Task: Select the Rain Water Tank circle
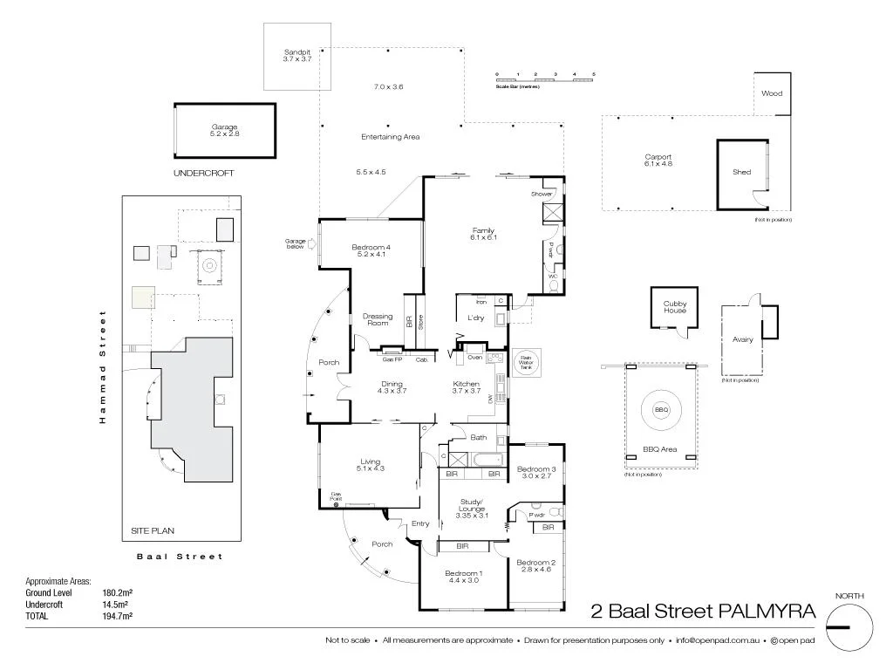527,363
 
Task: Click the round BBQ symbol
661,409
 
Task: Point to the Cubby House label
675,307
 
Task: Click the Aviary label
742,340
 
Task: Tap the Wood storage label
772,93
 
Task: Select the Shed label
742,172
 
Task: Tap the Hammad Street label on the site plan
102,366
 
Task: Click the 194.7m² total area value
117,616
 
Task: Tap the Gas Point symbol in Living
335,504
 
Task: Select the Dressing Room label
378,319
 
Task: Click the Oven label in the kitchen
475,357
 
